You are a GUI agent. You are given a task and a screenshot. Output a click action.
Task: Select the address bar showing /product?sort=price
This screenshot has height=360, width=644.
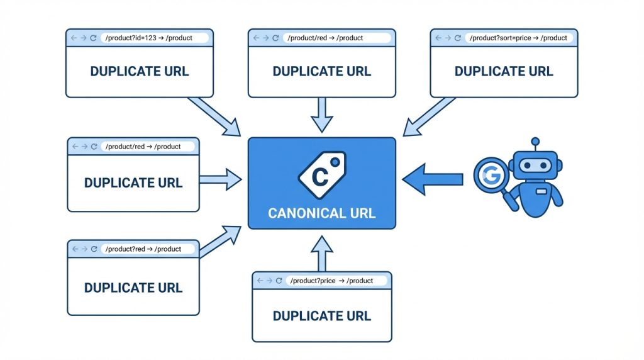(x=518, y=38)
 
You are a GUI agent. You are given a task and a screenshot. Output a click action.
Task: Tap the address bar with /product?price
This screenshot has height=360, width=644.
(x=333, y=281)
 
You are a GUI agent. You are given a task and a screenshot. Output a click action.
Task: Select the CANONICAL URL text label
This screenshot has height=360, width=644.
(x=322, y=213)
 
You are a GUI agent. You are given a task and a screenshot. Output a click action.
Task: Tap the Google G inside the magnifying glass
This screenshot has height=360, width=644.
(x=490, y=176)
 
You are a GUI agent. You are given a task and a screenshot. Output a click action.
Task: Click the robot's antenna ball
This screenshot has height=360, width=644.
(x=535, y=142)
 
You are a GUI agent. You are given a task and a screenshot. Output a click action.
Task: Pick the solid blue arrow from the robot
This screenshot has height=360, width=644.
(x=433, y=179)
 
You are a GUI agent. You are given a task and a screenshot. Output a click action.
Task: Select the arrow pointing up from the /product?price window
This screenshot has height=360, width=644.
(x=322, y=252)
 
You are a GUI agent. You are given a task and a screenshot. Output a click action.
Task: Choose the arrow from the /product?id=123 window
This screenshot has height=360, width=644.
(x=216, y=116)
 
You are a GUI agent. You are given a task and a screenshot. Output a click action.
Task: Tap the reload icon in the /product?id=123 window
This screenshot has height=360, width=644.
(x=94, y=38)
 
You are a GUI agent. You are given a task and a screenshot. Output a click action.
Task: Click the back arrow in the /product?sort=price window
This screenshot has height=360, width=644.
(x=438, y=38)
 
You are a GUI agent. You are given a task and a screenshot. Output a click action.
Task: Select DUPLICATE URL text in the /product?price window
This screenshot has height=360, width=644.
(x=322, y=316)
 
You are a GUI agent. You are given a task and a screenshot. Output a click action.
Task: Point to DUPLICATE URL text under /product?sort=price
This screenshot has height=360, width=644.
(x=504, y=71)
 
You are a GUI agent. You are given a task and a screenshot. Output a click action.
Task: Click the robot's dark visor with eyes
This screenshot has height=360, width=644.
(x=535, y=166)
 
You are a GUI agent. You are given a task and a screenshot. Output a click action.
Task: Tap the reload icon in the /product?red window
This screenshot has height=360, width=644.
(x=94, y=249)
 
